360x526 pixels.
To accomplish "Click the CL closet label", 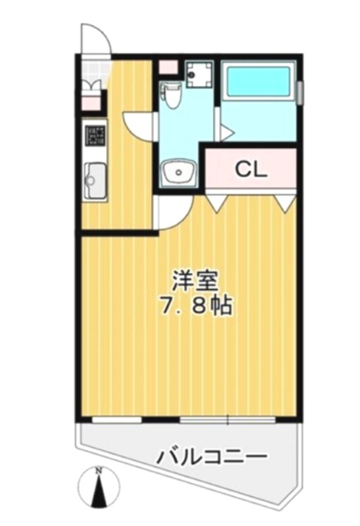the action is (x=251, y=170).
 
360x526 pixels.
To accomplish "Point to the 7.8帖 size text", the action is (x=196, y=306).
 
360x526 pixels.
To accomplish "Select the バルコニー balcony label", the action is (x=212, y=456).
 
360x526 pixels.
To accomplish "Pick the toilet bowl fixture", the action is (x=171, y=95).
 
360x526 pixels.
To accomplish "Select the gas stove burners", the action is (x=95, y=135).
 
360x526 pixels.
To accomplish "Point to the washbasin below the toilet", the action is (x=178, y=172).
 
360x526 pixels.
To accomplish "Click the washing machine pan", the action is (x=200, y=74).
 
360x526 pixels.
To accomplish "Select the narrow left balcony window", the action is (x=117, y=419).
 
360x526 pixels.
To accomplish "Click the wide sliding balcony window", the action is (x=227, y=419).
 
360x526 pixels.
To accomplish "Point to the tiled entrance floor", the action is (x=95, y=72).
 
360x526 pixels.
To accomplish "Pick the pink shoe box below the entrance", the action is (x=91, y=103).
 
